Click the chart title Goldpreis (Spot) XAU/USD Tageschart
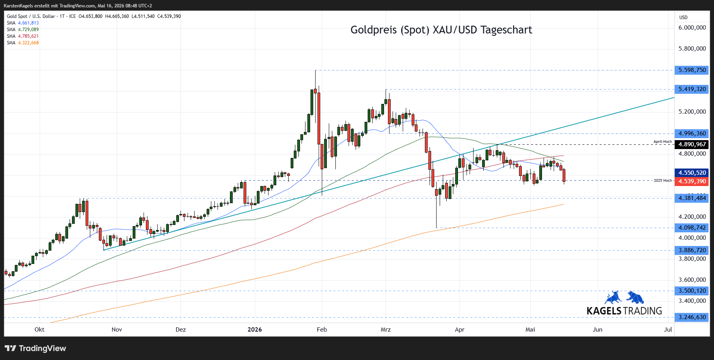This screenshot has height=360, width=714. (441, 30)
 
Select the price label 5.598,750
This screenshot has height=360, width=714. (692, 70)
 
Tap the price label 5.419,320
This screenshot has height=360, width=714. (692, 89)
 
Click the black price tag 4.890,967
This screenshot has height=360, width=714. (692, 144)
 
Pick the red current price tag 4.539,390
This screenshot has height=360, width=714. (692, 181)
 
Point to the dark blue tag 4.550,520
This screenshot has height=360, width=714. (692, 173)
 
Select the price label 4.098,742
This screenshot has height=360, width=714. (692, 228)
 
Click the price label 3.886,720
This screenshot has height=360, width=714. (692, 250)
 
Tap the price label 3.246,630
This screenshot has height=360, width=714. (692, 317)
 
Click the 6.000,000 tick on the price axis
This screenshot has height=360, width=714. (692, 28)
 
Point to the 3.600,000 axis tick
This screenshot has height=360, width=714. (692, 280)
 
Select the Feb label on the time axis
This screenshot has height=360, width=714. (322, 330)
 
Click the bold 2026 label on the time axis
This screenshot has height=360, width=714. (255, 330)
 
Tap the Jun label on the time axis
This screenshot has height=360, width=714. (597, 330)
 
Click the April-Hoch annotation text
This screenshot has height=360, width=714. (663, 142)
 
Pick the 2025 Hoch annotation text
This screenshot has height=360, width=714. (663, 181)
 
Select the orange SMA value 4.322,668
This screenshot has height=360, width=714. (28, 43)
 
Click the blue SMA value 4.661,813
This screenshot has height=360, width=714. (28, 23)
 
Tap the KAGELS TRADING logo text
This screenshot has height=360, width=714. (624, 311)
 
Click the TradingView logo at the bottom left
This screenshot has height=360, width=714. (35, 348)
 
